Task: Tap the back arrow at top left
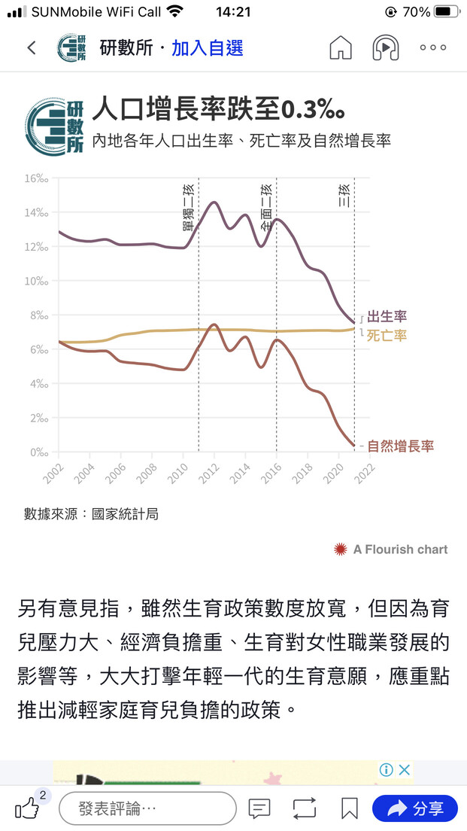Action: pyautogui.click(x=32, y=48)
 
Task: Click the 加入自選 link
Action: pyautogui.click(x=208, y=48)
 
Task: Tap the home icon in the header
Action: pyautogui.click(x=341, y=48)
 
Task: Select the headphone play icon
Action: pyautogui.click(x=386, y=48)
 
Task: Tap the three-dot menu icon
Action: pyautogui.click(x=433, y=48)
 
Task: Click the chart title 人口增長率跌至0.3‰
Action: pyautogui.click(x=219, y=111)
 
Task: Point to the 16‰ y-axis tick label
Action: pyautogui.click(x=36, y=178)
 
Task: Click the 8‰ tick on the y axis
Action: pyautogui.click(x=38, y=315)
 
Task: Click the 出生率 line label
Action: pyautogui.click(x=387, y=316)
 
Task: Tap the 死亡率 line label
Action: pyautogui.click(x=387, y=336)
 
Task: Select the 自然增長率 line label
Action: pyautogui.click(x=401, y=446)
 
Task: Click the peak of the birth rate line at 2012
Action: pyautogui.click(x=214, y=202)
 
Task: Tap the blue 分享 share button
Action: pyautogui.click(x=414, y=808)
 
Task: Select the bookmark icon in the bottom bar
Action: pyautogui.click(x=349, y=808)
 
